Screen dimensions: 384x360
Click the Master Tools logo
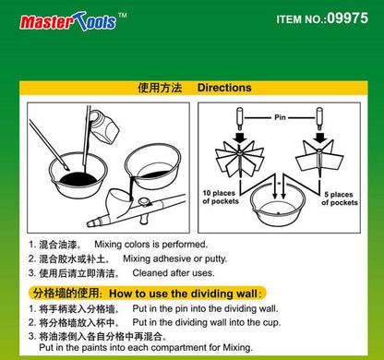(x=73, y=21)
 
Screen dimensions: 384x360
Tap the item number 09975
(x=347, y=18)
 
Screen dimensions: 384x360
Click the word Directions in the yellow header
(x=224, y=88)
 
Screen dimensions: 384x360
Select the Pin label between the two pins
(x=280, y=117)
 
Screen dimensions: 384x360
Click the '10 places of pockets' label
(x=221, y=198)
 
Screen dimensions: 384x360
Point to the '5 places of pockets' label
(x=340, y=198)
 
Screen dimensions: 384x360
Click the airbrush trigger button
(x=144, y=202)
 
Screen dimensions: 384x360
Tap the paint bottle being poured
(x=104, y=126)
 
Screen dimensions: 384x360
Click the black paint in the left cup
(x=78, y=179)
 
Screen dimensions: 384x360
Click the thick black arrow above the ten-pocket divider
(x=240, y=138)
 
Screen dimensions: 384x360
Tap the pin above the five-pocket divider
(x=319, y=119)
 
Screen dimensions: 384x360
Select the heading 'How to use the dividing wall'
(x=183, y=294)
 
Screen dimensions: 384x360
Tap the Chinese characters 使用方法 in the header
(x=160, y=88)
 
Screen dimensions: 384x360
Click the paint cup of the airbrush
(x=119, y=201)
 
